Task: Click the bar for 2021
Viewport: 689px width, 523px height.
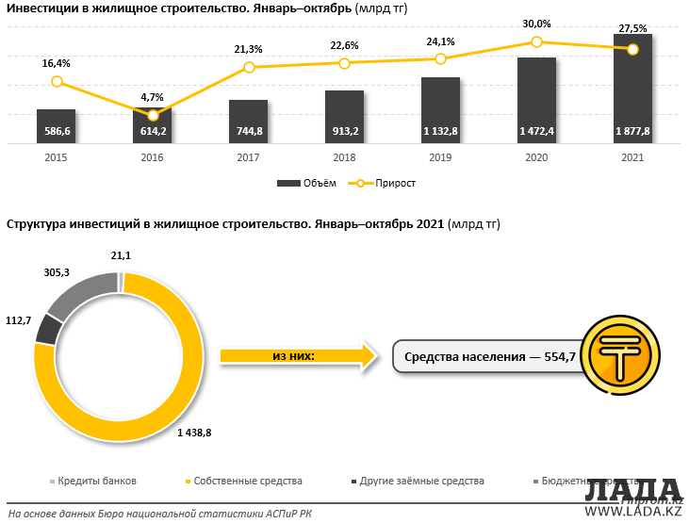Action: (632, 90)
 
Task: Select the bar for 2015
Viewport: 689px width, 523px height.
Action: (57, 126)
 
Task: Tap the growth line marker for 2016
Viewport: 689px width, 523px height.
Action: (154, 115)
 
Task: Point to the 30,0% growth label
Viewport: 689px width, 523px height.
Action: (536, 25)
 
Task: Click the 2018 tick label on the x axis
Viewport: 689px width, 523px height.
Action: (344, 157)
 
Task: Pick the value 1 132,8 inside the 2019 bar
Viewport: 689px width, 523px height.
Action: (440, 131)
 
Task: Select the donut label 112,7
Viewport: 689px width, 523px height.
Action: (19, 320)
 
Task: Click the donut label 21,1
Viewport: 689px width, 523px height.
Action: (122, 255)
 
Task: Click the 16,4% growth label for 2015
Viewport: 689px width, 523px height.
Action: (57, 63)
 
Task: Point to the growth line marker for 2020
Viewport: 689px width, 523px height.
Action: (536, 41)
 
